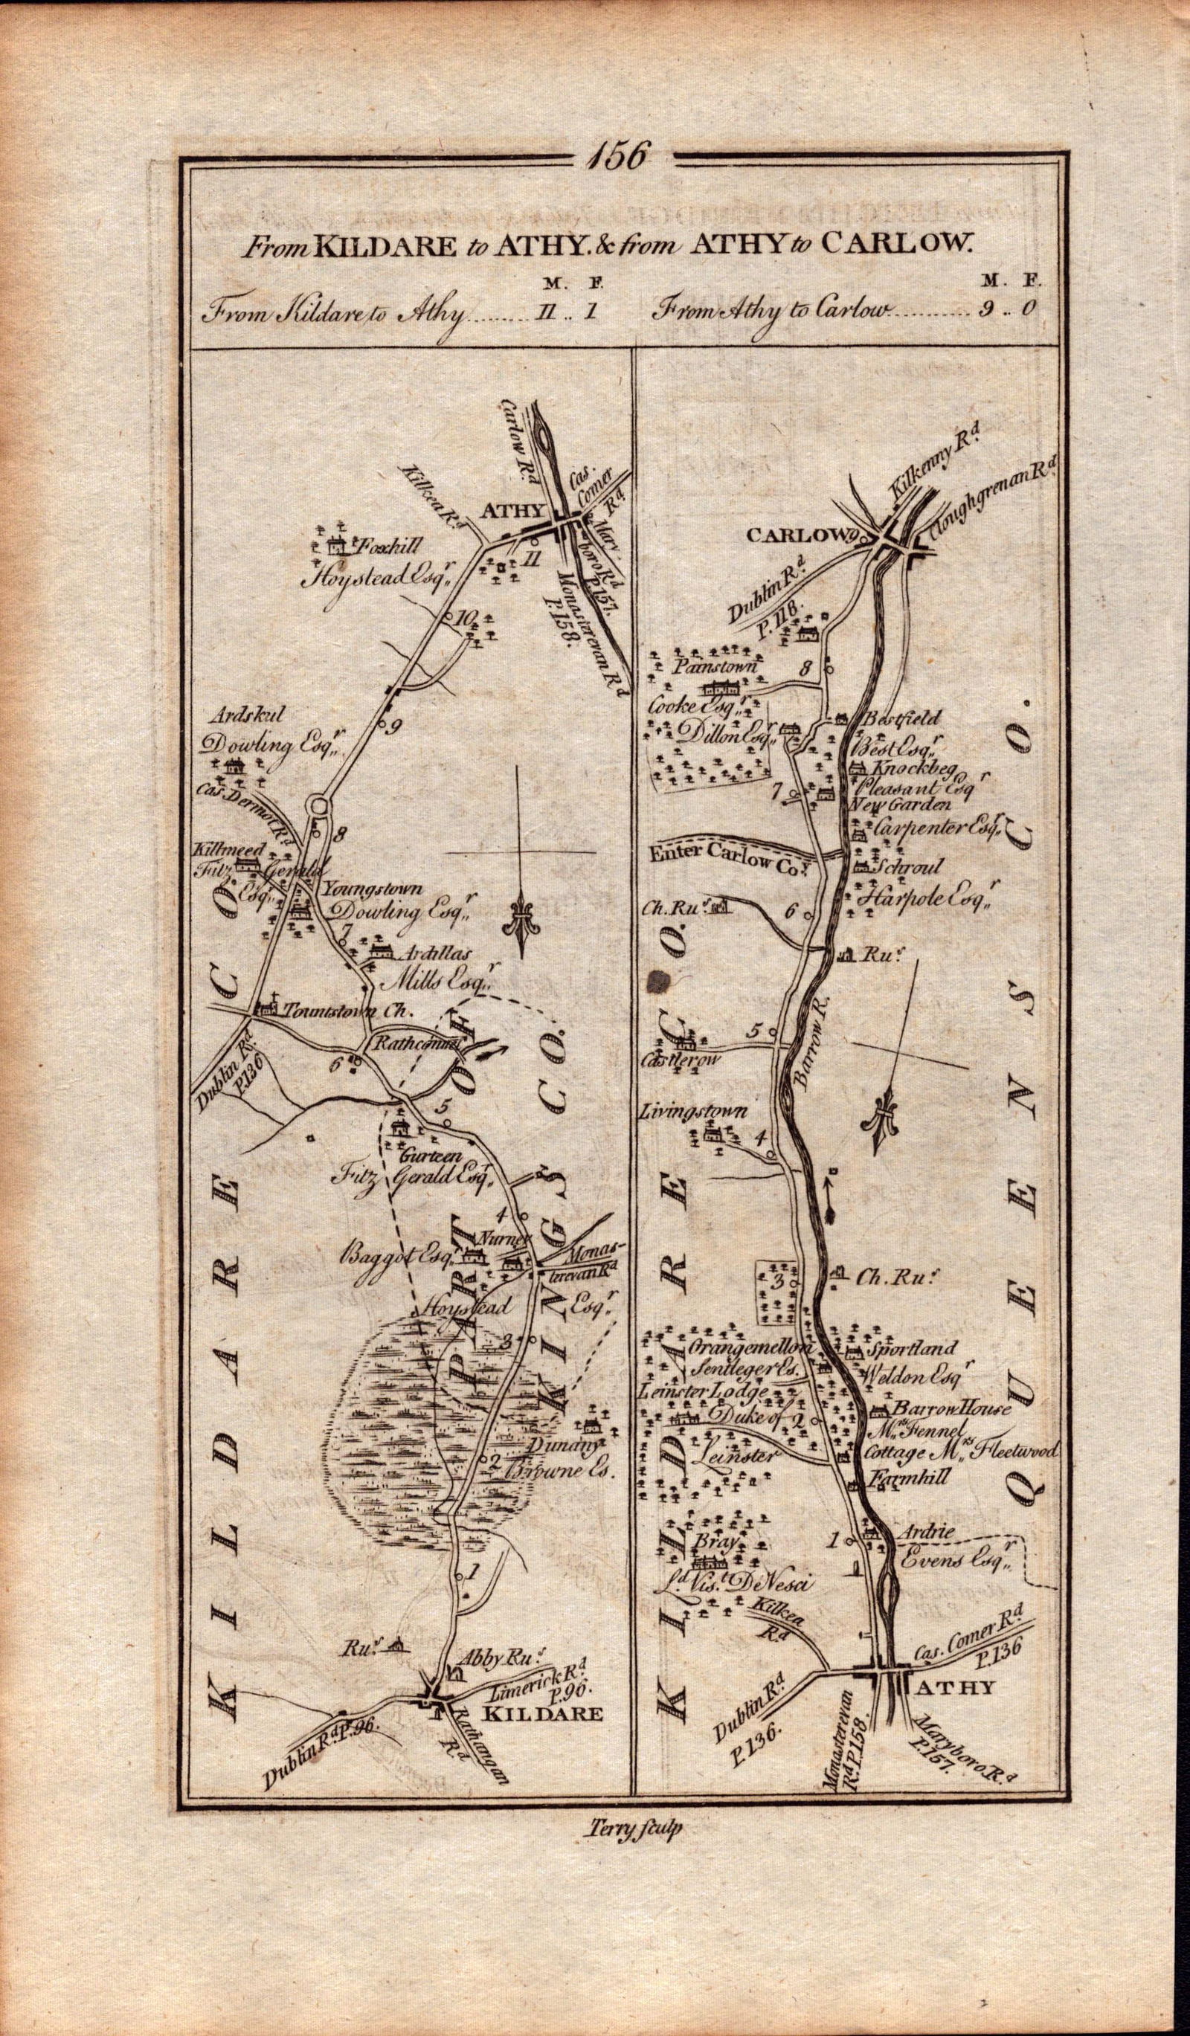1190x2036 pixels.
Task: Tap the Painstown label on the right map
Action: [x=704, y=669]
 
